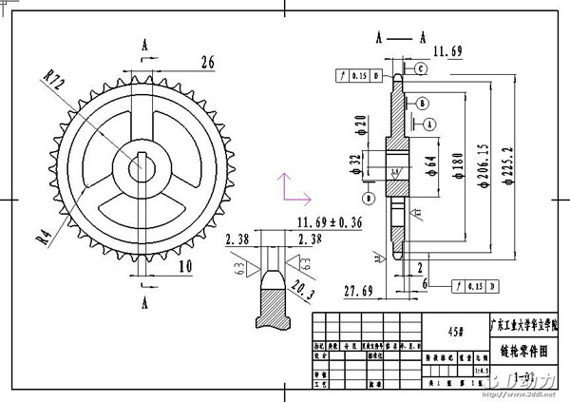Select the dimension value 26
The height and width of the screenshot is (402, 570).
tap(206, 63)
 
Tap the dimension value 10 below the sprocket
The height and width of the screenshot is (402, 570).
tap(184, 267)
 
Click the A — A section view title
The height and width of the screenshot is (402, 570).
tap(399, 38)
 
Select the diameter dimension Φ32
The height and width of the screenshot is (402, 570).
tap(353, 164)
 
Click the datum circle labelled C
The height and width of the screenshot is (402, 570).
tap(419, 68)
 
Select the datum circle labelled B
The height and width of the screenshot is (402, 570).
tap(422, 103)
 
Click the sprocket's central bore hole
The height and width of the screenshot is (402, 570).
tap(144, 166)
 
